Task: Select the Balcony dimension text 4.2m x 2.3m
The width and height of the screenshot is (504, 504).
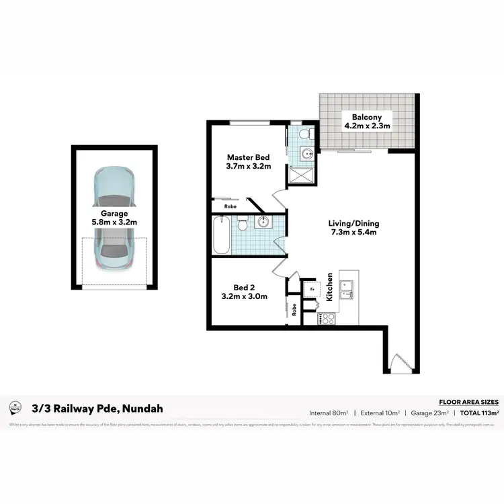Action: (x=368, y=125)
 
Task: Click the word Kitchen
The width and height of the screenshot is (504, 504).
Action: (x=330, y=286)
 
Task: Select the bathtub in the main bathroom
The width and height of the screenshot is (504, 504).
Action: (x=220, y=235)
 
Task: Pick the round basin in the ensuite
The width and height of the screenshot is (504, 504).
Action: (x=306, y=153)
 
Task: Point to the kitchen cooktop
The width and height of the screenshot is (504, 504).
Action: (x=327, y=319)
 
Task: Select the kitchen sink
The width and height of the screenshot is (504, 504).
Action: (x=349, y=290)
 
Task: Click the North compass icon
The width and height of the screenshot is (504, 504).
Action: (x=15, y=408)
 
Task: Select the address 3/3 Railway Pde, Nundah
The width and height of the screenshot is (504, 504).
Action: (x=97, y=408)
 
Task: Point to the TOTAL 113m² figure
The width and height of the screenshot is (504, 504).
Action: (x=478, y=413)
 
